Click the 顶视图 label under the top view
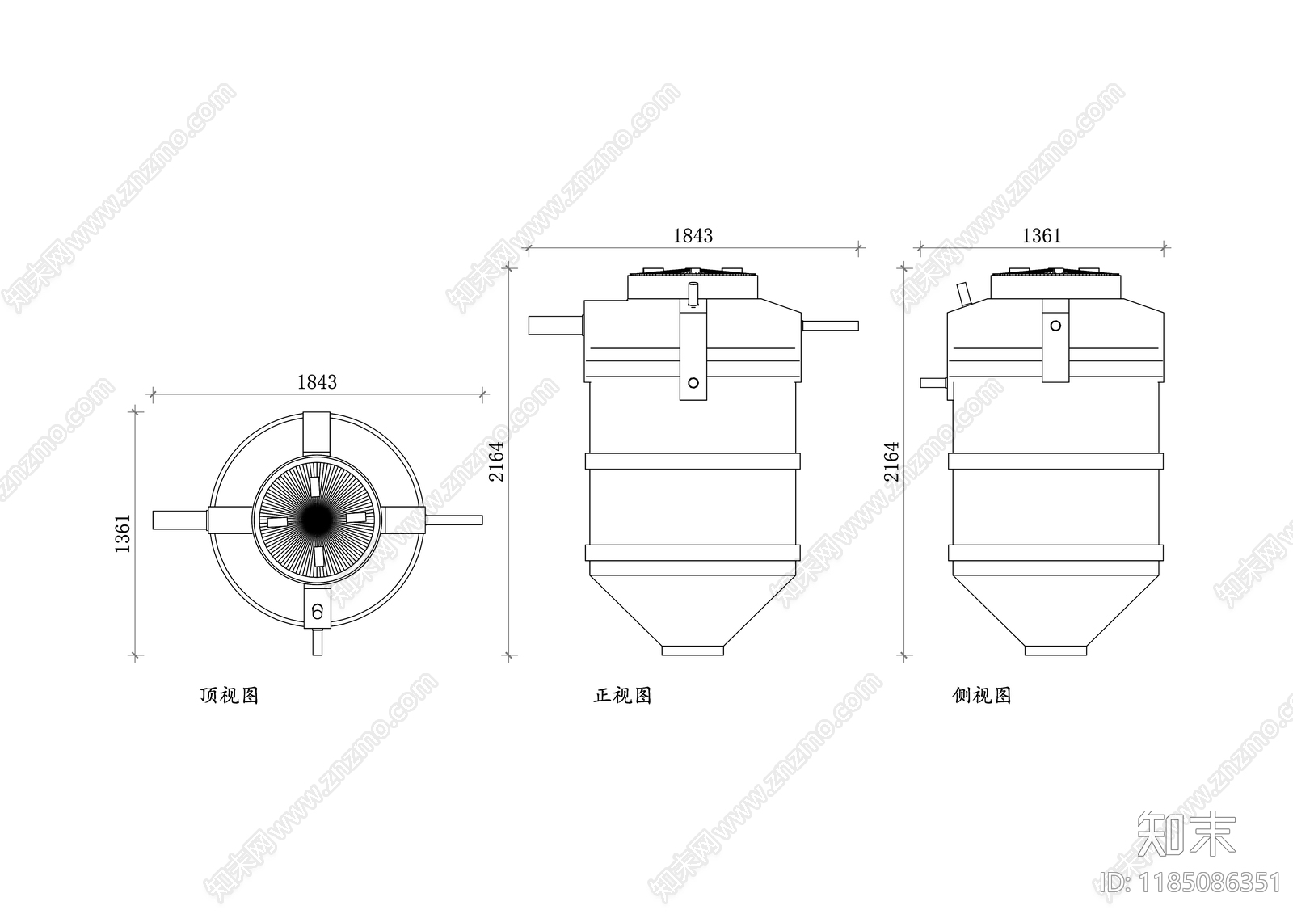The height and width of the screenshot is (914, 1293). [230, 695]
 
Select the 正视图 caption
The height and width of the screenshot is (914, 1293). [622, 695]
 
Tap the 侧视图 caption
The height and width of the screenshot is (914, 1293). [981, 695]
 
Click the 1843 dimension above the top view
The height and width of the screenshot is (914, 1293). [317, 382]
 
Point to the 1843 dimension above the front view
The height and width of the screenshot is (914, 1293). [693, 236]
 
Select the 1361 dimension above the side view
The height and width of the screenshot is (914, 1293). [1042, 236]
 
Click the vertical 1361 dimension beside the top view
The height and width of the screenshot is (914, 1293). [123, 533]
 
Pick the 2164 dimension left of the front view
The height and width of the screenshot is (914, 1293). [496, 462]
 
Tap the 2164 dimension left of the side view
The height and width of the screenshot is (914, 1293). [892, 462]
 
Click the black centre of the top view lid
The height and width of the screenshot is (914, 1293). [317, 519]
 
